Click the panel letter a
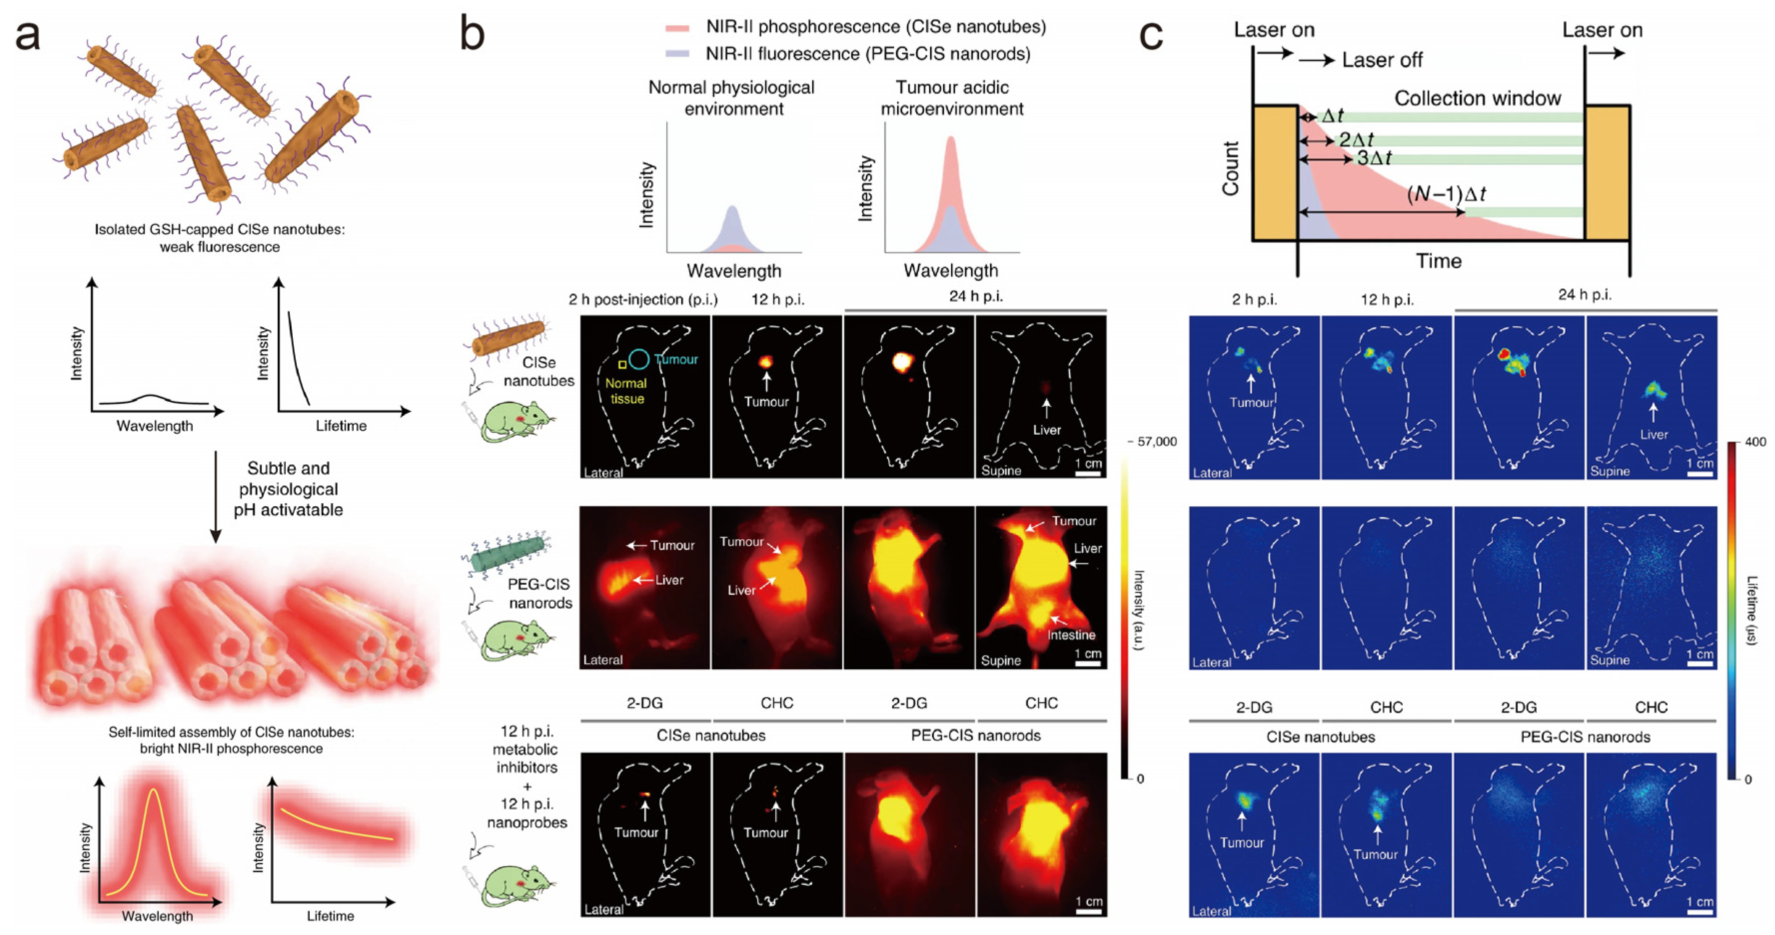coord(27,36)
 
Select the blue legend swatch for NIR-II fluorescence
coord(677,54)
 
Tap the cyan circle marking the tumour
coord(639,359)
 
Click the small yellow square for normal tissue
coord(622,364)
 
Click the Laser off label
coord(1381,60)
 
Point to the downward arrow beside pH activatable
coord(216,496)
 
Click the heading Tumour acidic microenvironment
coord(952,98)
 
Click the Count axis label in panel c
coord(1230,169)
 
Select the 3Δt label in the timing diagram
coord(1374,158)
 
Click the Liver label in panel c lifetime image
coord(1654,435)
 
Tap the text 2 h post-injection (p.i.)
coord(643,300)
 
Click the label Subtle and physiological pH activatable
coord(288,489)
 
